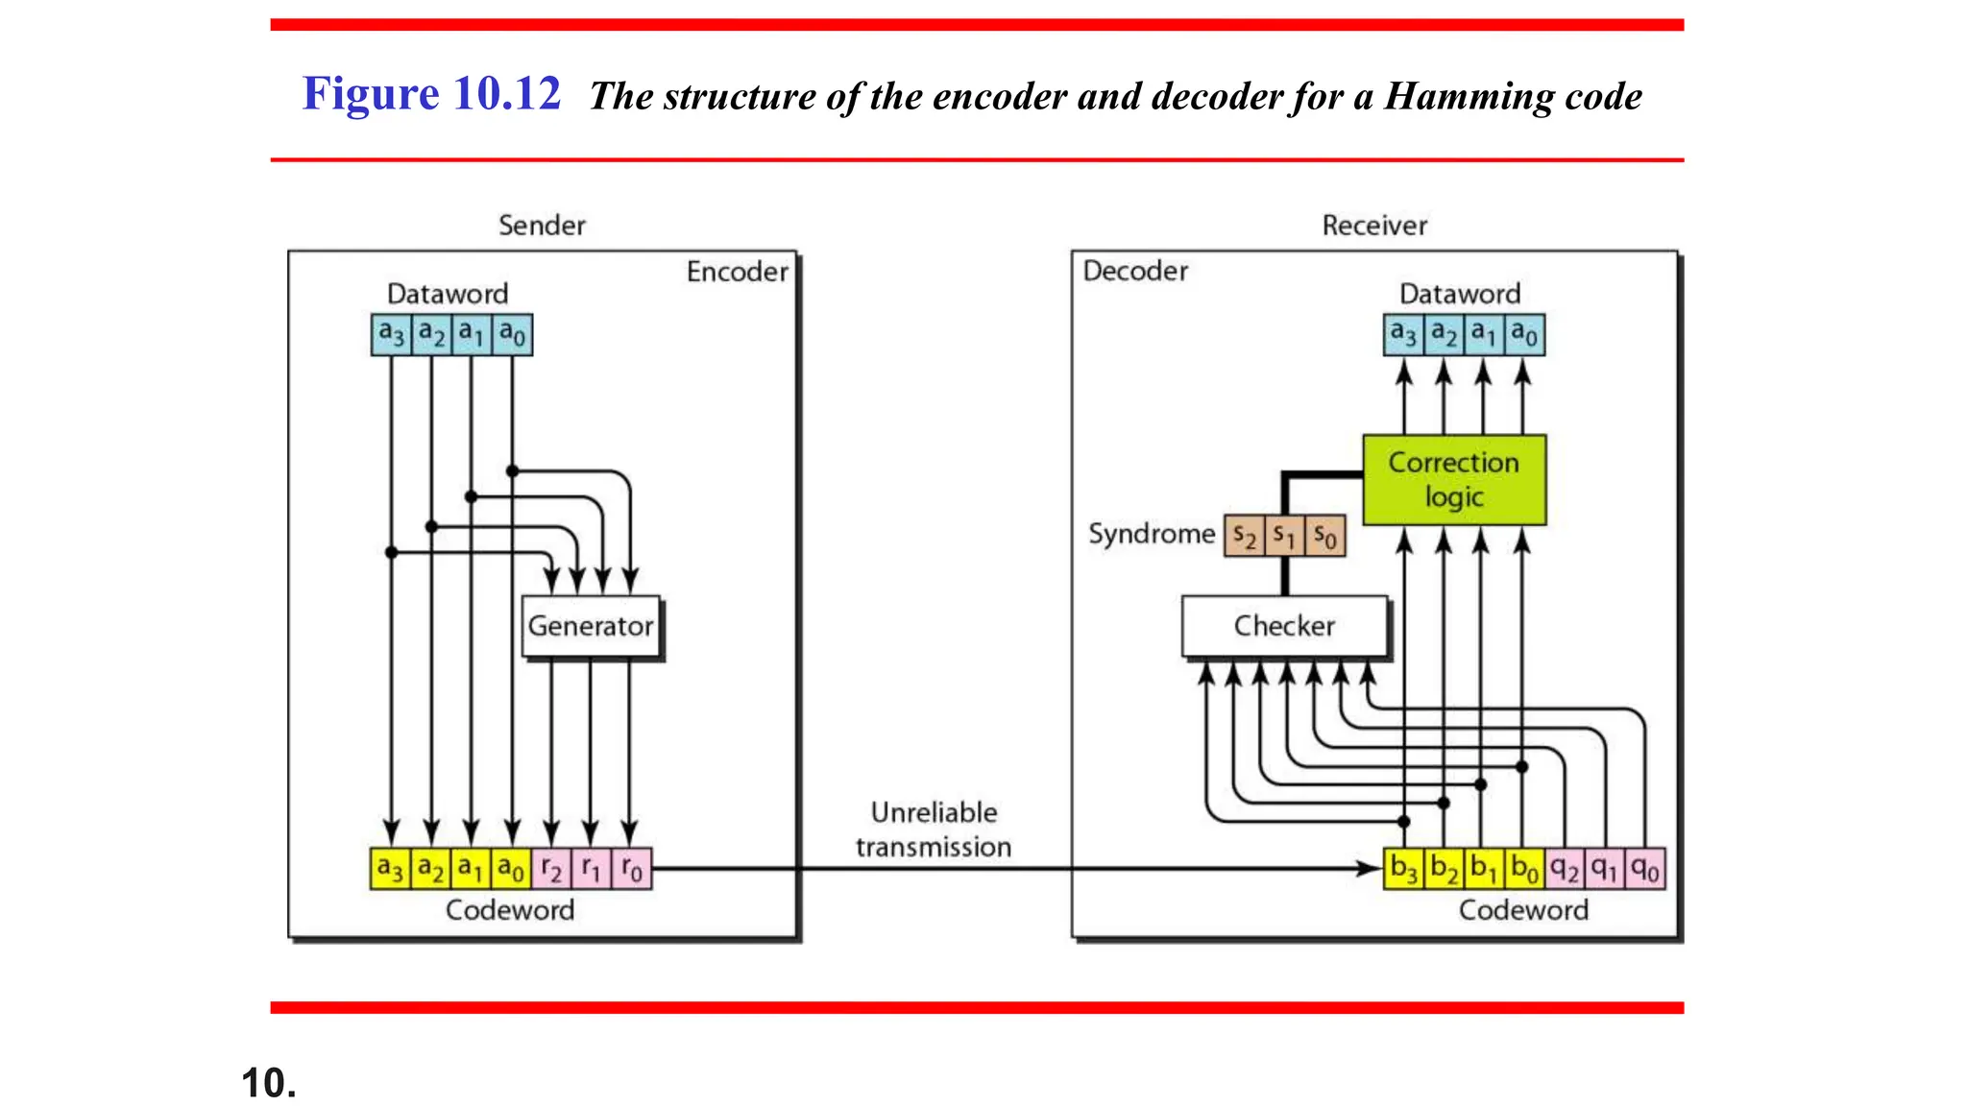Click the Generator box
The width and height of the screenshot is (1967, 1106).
point(591,626)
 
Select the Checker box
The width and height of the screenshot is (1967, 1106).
point(1284,626)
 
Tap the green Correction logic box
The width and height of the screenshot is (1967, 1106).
point(1454,479)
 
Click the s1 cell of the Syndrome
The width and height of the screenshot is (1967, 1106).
point(1284,535)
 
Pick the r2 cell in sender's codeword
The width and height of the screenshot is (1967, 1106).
point(551,869)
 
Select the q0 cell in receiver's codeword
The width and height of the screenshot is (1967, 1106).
point(1645,869)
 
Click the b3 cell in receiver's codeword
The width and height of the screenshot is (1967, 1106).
point(1403,869)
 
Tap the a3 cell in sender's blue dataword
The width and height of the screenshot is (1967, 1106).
point(391,334)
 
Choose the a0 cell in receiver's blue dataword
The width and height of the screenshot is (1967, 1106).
point(1524,334)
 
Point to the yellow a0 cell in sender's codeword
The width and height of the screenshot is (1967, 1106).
point(512,869)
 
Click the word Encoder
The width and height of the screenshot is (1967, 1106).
point(737,272)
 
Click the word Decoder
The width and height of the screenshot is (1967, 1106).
point(1135,271)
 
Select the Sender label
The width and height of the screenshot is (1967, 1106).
point(542,226)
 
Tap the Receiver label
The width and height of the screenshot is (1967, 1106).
point(1374,226)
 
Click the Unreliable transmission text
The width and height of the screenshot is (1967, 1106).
point(934,829)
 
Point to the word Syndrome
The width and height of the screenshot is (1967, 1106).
point(1151,534)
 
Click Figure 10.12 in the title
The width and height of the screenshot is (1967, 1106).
point(431,94)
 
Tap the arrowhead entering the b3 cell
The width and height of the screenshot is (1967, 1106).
point(1369,868)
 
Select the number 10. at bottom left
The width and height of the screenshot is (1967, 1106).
point(269,1083)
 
